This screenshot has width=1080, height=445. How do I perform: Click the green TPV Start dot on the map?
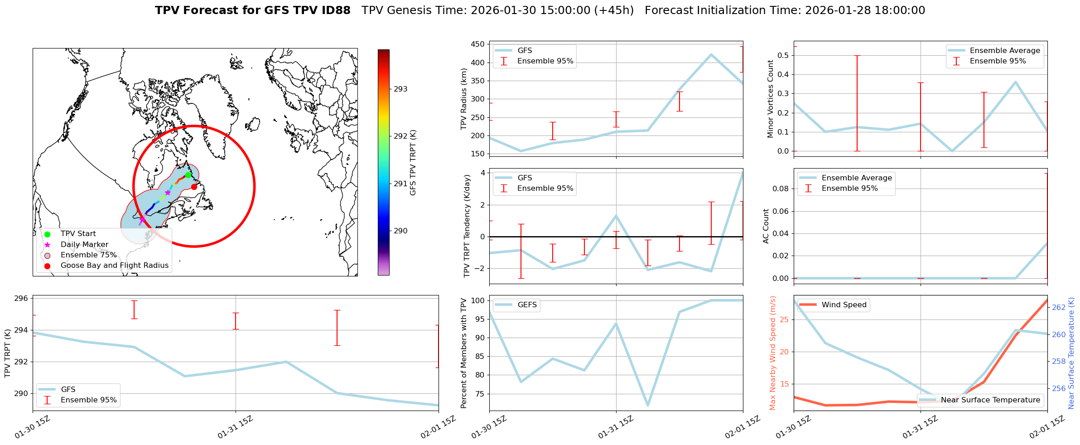tap(188, 175)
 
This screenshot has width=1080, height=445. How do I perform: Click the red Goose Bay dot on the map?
tap(194, 187)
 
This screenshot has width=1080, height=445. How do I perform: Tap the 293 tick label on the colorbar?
tap(400, 89)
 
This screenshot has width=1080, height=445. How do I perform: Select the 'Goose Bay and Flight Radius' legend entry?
tap(114, 266)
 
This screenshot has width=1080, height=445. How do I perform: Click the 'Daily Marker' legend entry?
tap(84, 245)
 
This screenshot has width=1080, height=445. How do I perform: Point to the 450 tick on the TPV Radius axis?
tap(477, 44)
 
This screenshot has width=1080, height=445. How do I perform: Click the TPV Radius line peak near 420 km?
tap(711, 55)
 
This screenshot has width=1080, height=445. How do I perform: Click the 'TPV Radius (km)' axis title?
tap(463, 99)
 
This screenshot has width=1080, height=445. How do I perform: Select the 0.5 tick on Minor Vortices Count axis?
tap(783, 55)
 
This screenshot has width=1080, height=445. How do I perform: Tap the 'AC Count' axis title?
tap(766, 226)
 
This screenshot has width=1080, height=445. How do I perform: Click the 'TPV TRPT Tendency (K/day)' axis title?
tap(467, 226)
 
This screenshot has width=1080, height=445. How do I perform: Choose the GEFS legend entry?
tap(527, 305)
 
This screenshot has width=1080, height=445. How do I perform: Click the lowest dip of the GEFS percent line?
tap(648, 405)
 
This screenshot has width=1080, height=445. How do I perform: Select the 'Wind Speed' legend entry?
tap(844, 305)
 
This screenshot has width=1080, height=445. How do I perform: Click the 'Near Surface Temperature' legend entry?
tap(990, 400)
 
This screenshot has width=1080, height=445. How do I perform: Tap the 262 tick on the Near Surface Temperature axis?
tap(1059, 307)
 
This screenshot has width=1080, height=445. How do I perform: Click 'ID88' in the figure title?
tap(336, 10)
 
